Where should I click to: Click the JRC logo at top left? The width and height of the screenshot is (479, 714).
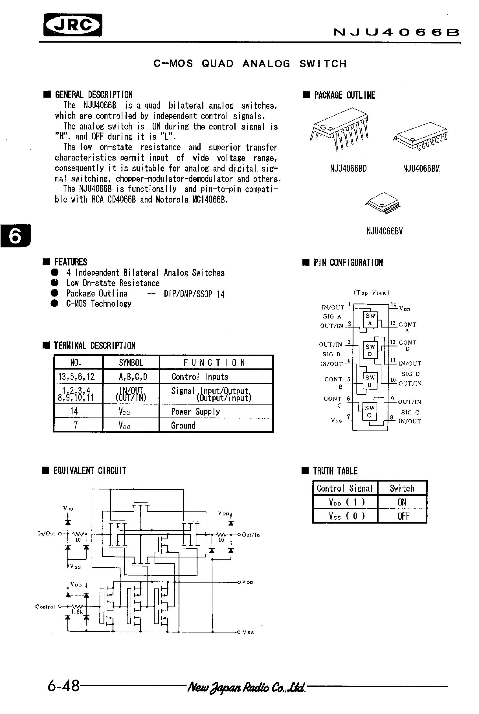click(73, 25)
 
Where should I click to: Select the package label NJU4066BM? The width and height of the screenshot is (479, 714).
click(421, 169)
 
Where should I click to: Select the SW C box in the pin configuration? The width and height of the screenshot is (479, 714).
click(369, 412)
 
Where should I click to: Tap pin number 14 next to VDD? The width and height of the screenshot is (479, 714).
click(393, 305)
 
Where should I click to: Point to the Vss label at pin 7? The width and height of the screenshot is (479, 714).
click(336, 420)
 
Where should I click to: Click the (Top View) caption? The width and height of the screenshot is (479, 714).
click(371, 293)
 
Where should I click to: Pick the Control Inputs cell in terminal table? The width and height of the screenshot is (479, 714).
click(200, 377)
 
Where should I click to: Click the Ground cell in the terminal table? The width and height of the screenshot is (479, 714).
click(183, 425)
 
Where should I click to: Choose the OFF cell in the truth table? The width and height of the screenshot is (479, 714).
click(403, 516)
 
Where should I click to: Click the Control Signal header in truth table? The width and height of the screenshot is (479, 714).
click(345, 488)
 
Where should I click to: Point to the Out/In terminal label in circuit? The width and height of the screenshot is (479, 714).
click(251, 535)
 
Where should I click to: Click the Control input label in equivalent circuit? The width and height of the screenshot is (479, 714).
click(45, 607)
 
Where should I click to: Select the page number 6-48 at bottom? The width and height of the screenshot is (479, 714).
click(63, 686)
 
